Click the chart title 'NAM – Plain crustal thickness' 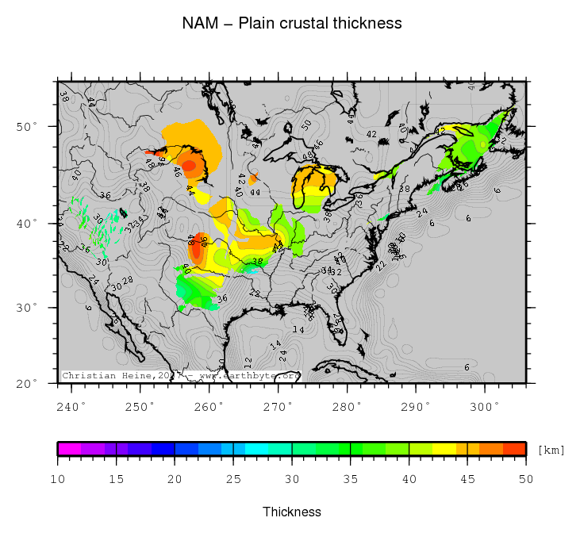(292, 24)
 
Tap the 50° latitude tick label (29, 127)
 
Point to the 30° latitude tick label (29, 308)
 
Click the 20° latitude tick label (29, 384)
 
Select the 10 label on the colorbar (58, 479)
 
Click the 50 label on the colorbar (526, 479)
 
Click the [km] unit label (551, 451)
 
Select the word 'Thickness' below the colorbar (292, 512)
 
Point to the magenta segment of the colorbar (69, 449)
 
